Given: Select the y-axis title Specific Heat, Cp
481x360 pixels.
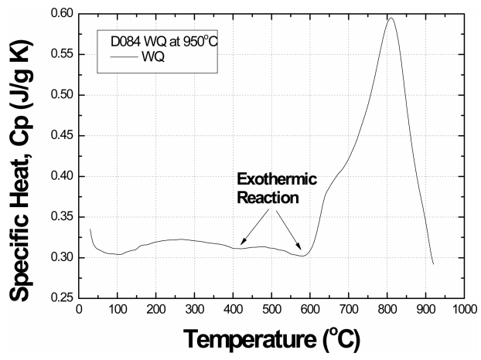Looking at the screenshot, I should [x=21, y=155].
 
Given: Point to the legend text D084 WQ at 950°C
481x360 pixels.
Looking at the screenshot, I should [x=159, y=40].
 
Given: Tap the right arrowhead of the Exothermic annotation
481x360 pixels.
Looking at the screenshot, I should [x=302, y=253].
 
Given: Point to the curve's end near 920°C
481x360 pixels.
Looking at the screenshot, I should [x=433, y=264].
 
